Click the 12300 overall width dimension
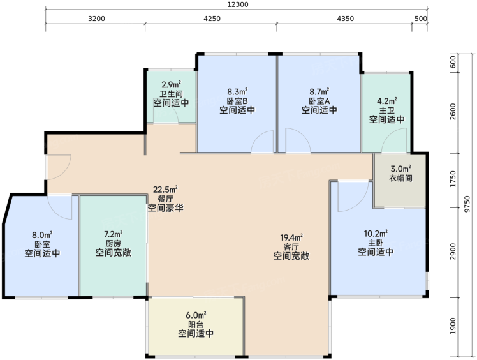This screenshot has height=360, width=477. click(x=238, y=4)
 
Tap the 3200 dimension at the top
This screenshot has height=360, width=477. click(x=96, y=19)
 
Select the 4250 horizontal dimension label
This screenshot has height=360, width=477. click(x=212, y=19)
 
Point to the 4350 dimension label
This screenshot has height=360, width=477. click(x=345, y=19)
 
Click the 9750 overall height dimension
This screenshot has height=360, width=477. click(x=467, y=204)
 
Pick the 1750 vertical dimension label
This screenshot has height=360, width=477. click(x=453, y=179)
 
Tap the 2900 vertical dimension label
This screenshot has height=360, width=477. click(x=453, y=251)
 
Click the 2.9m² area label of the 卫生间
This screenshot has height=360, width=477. click(x=172, y=84)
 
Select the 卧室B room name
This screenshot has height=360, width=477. click(x=237, y=101)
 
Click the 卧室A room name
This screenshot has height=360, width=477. click(x=319, y=101)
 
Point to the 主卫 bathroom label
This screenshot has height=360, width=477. click(x=386, y=110)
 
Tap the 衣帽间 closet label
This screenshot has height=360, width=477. click(x=400, y=178)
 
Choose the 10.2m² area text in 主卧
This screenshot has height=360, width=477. click(x=376, y=234)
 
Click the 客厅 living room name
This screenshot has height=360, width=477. click(x=291, y=246)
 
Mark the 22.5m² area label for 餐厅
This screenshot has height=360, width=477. click(x=165, y=190)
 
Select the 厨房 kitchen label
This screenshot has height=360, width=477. click(x=113, y=243)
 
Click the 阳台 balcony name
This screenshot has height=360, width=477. click(x=196, y=324)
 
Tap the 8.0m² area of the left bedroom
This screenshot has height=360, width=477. click(x=42, y=235)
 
